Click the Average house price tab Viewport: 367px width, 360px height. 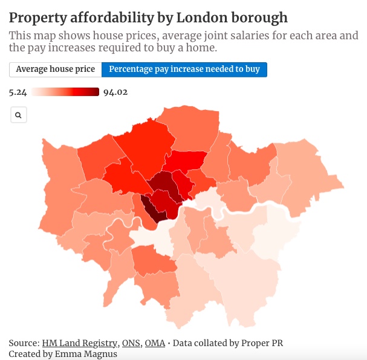coord(56,69)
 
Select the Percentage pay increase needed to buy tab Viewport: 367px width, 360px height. coord(184,69)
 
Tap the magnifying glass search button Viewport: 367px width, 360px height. coord(19,115)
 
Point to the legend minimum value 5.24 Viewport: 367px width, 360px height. coord(19,92)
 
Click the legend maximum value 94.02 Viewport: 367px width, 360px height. coord(115,92)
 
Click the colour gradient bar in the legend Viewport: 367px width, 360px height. coord(65,92)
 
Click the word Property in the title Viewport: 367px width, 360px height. coord(36,17)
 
